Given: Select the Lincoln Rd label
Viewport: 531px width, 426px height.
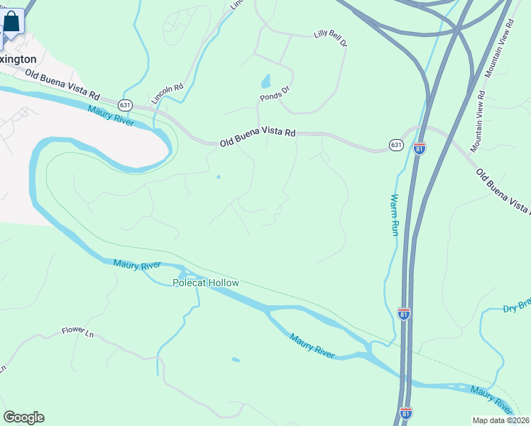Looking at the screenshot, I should click(x=168, y=94).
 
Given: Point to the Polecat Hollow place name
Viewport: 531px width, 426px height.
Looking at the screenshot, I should click(x=206, y=283).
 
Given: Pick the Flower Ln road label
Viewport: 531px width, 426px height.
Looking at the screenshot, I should click(x=77, y=331).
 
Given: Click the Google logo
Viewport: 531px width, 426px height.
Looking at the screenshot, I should click(x=23, y=417).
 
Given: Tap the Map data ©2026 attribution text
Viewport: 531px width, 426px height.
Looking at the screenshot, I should click(x=500, y=420).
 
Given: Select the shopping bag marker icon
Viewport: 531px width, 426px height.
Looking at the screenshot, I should click(x=11, y=21).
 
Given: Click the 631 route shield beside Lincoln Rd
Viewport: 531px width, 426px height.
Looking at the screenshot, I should click(x=126, y=104).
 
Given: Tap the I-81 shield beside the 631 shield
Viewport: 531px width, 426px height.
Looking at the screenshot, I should click(x=420, y=148).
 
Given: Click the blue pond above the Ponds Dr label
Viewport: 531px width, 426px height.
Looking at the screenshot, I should click(x=265, y=81).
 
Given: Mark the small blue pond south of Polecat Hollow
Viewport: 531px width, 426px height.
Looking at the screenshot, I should click(x=235, y=360).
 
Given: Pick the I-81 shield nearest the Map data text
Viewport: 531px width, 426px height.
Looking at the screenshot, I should click(x=405, y=412).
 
